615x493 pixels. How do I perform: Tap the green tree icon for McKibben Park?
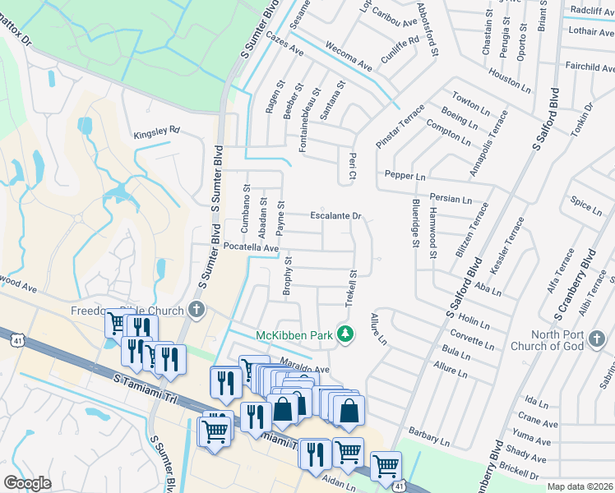(x=347, y=334)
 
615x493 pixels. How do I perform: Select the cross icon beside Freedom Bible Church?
(x=196, y=309)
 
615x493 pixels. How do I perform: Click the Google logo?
(x=27, y=483)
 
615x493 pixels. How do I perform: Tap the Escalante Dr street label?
(x=336, y=216)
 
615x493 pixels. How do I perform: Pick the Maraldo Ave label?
(x=304, y=370)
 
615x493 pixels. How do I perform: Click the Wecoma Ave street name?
(x=351, y=55)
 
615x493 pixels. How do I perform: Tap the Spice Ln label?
(x=585, y=205)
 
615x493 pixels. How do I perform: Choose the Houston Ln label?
(x=510, y=79)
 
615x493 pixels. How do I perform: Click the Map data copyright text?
(x=580, y=486)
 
